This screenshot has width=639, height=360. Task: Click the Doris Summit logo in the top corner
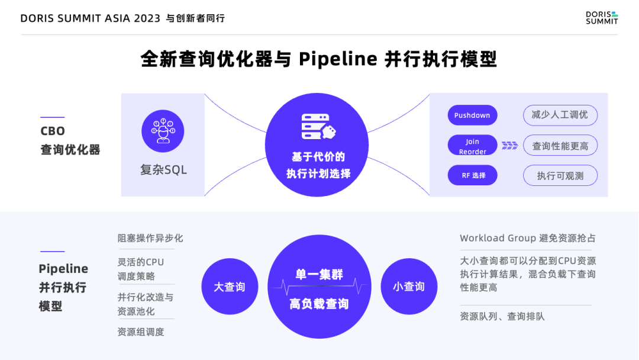click(x=601, y=18)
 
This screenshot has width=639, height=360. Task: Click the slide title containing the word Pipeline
click(x=319, y=59)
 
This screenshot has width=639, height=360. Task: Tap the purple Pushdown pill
click(x=472, y=115)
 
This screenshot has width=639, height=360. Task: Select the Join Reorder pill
click(x=472, y=146)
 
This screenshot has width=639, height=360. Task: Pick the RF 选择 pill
click(x=472, y=175)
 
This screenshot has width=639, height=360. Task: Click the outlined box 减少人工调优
click(x=560, y=115)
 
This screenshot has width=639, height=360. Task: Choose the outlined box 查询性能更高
click(x=560, y=146)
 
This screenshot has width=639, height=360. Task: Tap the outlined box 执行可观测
click(x=560, y=175)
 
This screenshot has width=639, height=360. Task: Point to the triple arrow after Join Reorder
click(x=509, y=146)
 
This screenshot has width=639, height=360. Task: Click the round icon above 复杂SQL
click(x=163, y=131)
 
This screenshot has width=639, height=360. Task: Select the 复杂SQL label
click(x=163, y=170)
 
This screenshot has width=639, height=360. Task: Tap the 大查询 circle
click(x=230, y=287)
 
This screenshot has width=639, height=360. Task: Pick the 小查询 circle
click(x=409, y=287)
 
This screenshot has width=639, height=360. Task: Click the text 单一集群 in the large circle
click(x=319, y=275)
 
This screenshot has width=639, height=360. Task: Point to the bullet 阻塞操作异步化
click(x=150, y=238)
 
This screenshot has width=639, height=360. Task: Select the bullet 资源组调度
click(x=141, y=332)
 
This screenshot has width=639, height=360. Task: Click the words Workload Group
click(x=498, y=238)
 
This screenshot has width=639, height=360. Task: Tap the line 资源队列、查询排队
click(x=502, y=316)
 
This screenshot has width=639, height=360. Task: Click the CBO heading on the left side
click(x=53, y=131)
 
